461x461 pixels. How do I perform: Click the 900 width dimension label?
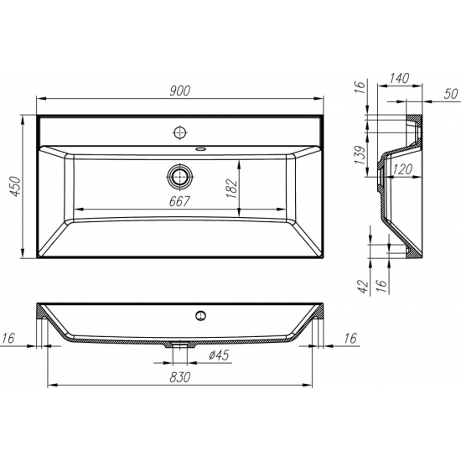[x=180, y=91]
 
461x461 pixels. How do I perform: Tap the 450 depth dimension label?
[x=15, y=186]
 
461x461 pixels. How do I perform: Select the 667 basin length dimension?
[x=179, y=201]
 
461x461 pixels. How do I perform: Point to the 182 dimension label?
[x=232, y=189]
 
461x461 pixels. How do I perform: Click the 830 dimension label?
[x=179, y=377]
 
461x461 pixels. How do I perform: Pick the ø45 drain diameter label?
[x=219, y=355]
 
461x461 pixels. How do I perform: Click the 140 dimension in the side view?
[x=399, y=78]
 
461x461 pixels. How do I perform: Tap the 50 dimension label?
[x=451, y=94]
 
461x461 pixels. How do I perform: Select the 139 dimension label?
[x=361, y=155]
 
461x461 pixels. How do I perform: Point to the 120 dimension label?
[x=403, y=169]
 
